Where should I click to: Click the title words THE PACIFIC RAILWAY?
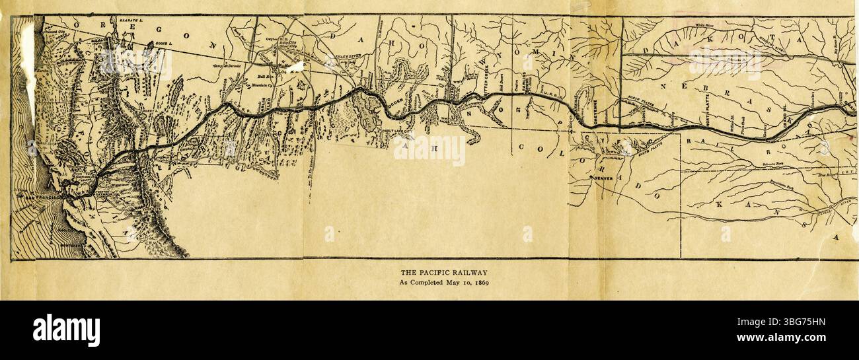(x=443, y=272)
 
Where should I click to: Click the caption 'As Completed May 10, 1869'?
(x=443, y=283)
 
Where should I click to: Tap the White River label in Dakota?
(x=707, y=24)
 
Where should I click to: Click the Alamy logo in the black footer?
(x=66, y=330)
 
